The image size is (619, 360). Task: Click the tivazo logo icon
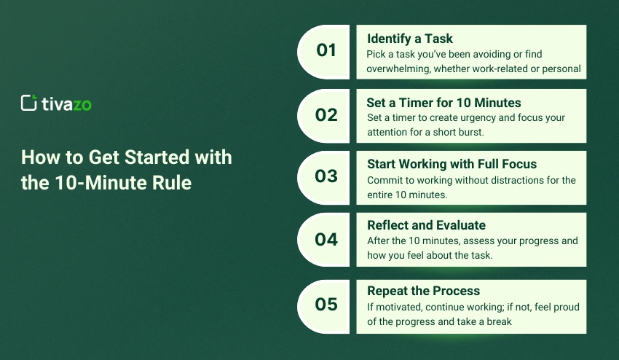29,103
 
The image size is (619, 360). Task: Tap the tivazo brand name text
67,104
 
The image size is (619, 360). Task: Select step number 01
326,50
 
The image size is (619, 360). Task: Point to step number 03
326,176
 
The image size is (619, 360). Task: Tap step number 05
326,305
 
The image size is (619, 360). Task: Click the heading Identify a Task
410,39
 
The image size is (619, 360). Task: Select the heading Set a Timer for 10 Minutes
443,103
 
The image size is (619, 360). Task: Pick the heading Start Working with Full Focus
452,164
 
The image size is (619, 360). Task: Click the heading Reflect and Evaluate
426,225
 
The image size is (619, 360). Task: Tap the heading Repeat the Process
424,291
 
